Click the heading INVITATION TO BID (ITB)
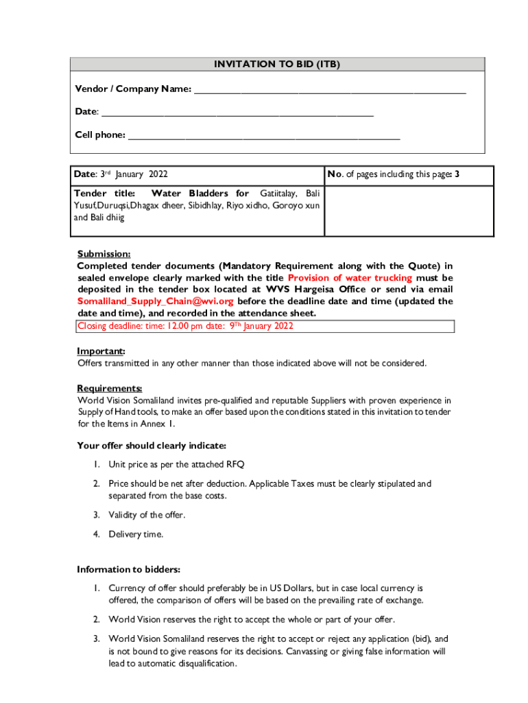277,65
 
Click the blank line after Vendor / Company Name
329,91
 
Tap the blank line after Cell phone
264,137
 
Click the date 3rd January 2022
134,175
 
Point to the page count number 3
457,175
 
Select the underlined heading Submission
104,254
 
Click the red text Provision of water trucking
350,278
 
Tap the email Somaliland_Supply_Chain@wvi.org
155,301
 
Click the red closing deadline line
185,326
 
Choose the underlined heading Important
101,351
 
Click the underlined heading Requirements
110,388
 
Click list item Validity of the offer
147,515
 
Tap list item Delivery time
136,534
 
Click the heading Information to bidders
128,569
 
